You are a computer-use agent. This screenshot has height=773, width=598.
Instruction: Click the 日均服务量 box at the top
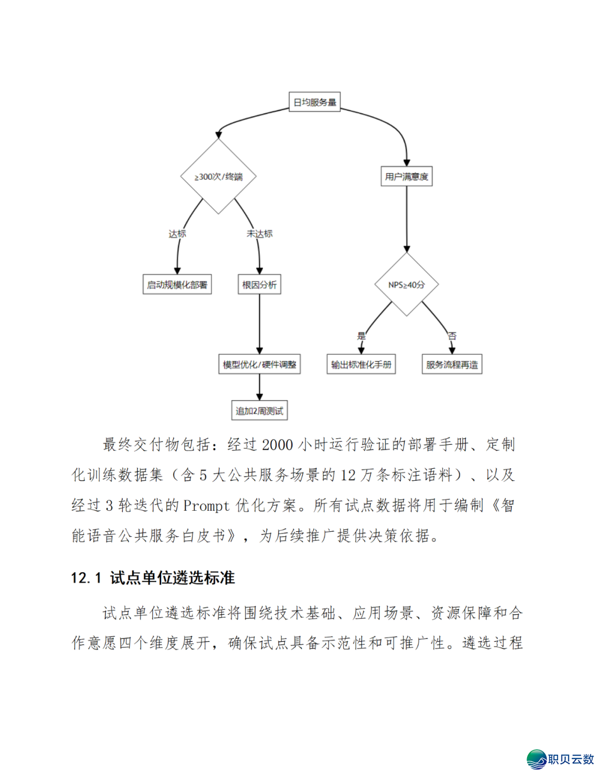(x=315, y=102)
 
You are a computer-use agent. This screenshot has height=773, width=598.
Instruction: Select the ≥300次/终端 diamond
(x=218, y=177)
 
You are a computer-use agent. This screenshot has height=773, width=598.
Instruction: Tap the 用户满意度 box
(x=406, y=177)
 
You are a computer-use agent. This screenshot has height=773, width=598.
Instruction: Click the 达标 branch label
(x=177, y=234)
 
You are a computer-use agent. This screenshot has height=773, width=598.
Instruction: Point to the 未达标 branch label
(x=260, y=234)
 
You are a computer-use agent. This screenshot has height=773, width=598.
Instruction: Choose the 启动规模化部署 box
(x=177, y=285)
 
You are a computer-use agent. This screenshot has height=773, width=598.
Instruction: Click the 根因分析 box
(x=259, y=285)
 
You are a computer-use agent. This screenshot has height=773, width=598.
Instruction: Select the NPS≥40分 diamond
(x=406, y=285)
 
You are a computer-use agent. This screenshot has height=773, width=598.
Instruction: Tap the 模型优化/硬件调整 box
(x=259, y=365)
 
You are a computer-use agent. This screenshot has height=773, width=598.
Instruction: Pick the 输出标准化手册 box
(x=361, y=365)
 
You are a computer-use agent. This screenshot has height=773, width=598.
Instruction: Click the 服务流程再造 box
(x=452, y=365)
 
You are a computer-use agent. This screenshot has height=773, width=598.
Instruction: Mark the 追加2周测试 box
(x=259, y=411)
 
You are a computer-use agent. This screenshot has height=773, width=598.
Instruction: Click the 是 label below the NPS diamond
(x=362, y=336)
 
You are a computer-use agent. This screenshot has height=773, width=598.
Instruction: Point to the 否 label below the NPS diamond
(x=452, y=336)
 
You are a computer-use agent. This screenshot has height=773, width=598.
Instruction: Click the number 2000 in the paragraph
(x=277, y=445)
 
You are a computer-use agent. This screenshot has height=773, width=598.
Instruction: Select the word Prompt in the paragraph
(x=206, y=506)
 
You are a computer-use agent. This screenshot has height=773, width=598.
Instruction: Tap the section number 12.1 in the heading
(x=86, y=578)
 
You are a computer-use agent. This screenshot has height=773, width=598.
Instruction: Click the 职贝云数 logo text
(x=570, y=759)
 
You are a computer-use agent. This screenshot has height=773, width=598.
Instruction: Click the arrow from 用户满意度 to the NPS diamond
(x=406, y=219)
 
